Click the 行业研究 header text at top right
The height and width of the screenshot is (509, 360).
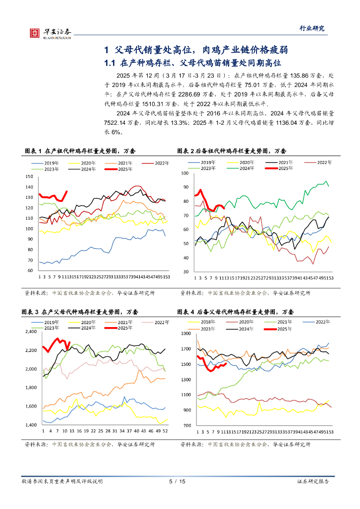click(x=314, y=28)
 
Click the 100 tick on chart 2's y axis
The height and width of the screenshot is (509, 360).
click(x=184, y=173)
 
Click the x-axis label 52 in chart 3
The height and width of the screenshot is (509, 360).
click(x=164, y=431)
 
